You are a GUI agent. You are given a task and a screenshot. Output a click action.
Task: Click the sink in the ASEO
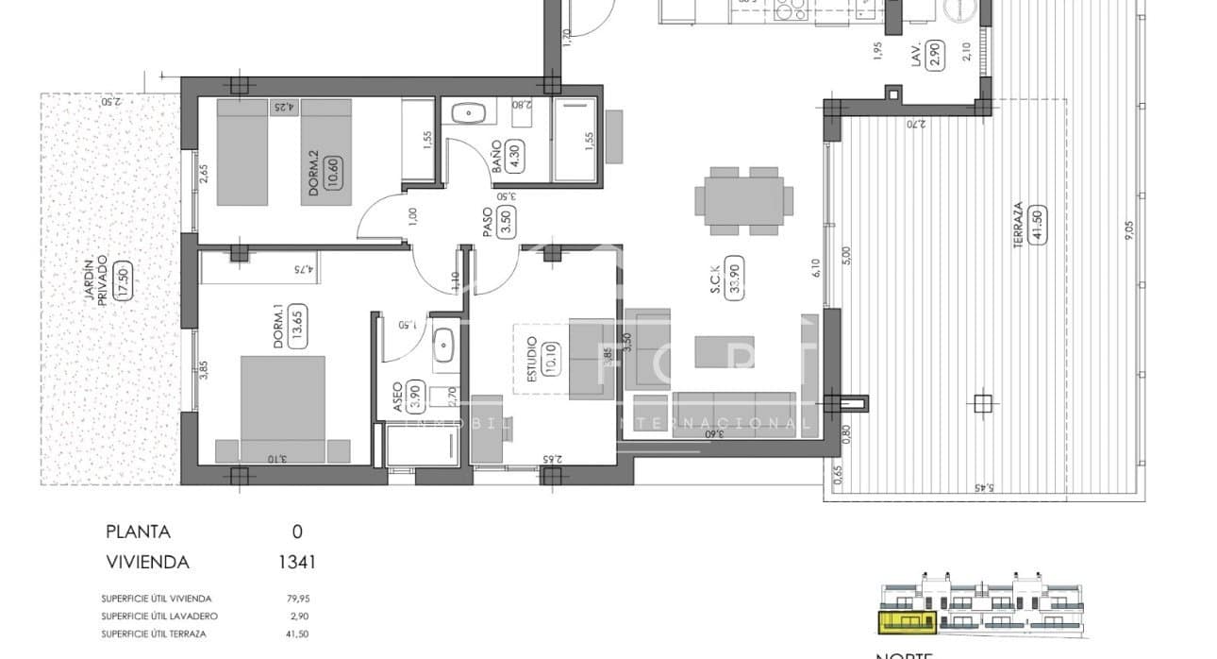[444, 346]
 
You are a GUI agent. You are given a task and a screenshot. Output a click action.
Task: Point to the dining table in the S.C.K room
[744, 200]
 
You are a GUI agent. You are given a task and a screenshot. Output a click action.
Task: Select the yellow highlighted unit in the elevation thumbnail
[909, 621]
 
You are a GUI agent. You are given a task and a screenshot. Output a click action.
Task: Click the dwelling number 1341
[296, 562]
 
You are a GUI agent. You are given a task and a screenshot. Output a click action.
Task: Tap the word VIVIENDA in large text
[147, 562]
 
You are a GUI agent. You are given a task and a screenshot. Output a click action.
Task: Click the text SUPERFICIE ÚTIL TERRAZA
[154, 634]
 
